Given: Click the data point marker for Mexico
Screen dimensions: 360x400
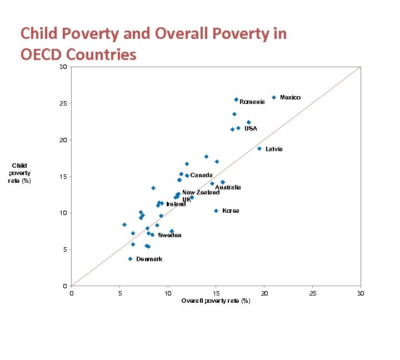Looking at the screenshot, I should pos(274,97).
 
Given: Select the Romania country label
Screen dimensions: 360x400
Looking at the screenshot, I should pos(252,102).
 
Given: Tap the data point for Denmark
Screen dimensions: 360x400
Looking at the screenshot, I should pos(130,259).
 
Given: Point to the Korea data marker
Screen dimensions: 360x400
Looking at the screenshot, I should pos(216,211).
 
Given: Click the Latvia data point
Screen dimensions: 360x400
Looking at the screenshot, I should pos(259,148).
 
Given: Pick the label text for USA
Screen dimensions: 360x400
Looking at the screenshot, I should pos(251,128).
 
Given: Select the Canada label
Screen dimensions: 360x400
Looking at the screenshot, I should pos(201,175).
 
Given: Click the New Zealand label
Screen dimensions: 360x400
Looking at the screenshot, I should pos(201,192).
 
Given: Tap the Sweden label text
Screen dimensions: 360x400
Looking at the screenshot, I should pos(169,235).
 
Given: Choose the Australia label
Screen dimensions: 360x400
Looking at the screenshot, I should pos(228,187).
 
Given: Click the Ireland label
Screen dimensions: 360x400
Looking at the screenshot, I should pos(176,204).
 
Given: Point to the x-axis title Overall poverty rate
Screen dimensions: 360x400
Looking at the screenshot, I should pos(216,301).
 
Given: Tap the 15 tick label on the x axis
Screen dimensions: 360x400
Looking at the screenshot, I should pos(216,293).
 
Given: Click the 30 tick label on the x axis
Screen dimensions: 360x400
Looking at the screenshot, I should pos(361,293).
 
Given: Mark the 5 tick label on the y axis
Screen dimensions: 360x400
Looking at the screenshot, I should pos(64,249).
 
